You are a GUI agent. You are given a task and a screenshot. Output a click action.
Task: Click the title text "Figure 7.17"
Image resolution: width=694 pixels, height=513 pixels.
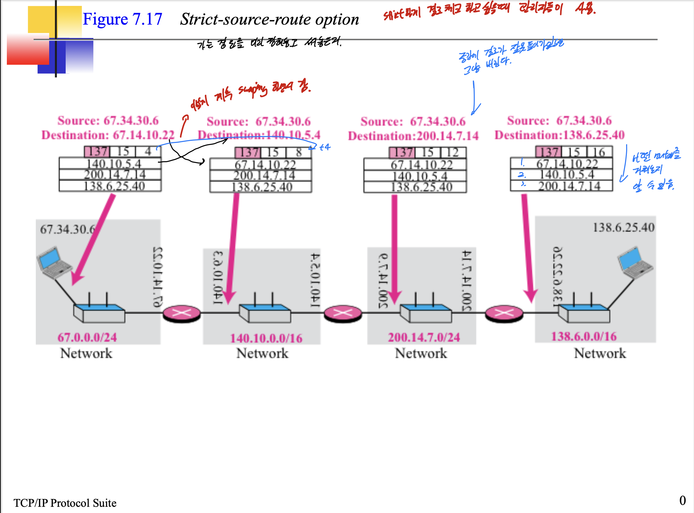pos(122,19)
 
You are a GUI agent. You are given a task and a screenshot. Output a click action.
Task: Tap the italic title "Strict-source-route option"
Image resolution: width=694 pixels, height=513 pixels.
pos(269,19)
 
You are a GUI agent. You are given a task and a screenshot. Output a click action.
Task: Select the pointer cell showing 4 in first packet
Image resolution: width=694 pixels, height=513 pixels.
pos(148,152)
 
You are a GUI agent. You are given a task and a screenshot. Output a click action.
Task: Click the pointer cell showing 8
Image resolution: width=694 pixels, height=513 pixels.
pos(299,153)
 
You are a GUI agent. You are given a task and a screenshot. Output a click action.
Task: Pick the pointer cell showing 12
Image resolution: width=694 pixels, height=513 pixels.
pos(453,153)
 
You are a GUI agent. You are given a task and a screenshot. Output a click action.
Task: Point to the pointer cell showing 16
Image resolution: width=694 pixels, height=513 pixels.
pos(599,152)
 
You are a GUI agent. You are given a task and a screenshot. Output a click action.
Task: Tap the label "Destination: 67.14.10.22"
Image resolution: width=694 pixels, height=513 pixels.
pos(108,135)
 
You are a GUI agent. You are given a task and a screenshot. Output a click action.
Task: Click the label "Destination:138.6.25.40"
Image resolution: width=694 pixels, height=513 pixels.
pos(560,135)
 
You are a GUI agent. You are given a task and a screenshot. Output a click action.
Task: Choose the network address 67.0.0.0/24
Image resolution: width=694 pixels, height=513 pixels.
pos(87,337)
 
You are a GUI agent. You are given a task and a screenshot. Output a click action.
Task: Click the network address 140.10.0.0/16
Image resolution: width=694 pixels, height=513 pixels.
pos(266,338)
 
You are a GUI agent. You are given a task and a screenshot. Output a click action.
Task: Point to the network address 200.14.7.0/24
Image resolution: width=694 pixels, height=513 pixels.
pos(424,337)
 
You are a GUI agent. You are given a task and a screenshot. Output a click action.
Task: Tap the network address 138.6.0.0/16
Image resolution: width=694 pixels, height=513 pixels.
pos(584,337)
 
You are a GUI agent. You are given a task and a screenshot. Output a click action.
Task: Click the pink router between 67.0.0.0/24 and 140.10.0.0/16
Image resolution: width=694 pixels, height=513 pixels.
pos(182,313)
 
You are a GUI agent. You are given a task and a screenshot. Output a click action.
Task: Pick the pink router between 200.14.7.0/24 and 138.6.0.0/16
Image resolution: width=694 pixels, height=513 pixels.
pos(504,313)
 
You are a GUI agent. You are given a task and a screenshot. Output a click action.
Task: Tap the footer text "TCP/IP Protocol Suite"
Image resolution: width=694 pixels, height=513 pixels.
pos(65,503)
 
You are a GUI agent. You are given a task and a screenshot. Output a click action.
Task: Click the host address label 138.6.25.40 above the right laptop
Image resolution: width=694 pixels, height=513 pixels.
pos(623,228)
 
